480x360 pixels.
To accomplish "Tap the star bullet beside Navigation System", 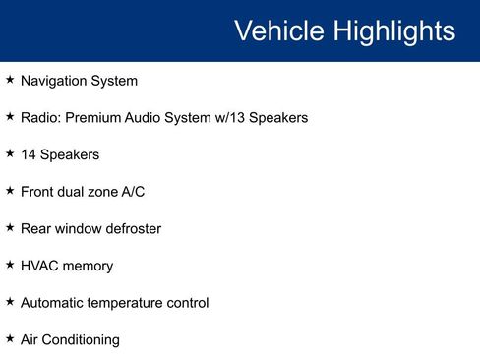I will pos(10,80).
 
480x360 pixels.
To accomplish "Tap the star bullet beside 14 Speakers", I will pos(10,153).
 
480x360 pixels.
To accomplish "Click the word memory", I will pos(88,267).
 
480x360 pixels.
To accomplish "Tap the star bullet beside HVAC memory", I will pos(10,265).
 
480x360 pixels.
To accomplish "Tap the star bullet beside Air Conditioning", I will pos(10,338).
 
